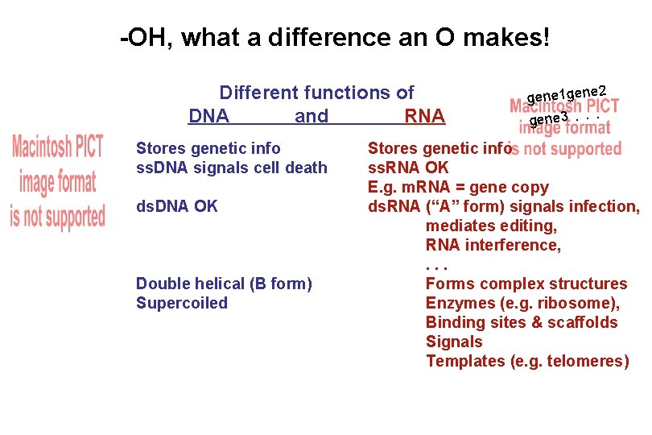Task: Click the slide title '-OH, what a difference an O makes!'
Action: click(335, 38)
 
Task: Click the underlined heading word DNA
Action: click(208, 117)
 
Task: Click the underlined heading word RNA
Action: click(424, 117)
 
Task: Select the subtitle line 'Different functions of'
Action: click(316, 93)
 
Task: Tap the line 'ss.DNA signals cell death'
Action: click(232, 168)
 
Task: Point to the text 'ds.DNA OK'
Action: click(177, 206)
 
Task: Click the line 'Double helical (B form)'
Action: click(224, 284)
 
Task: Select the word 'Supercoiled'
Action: click(182, 303)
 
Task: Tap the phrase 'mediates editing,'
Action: click(491, 226)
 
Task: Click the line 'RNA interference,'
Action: click(493, 245)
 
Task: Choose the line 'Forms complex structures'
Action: click(526, 284)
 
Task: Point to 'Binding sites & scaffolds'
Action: click(522, 322)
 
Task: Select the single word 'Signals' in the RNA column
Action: click(454, 342)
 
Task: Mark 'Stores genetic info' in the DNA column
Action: click(208, 148)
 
